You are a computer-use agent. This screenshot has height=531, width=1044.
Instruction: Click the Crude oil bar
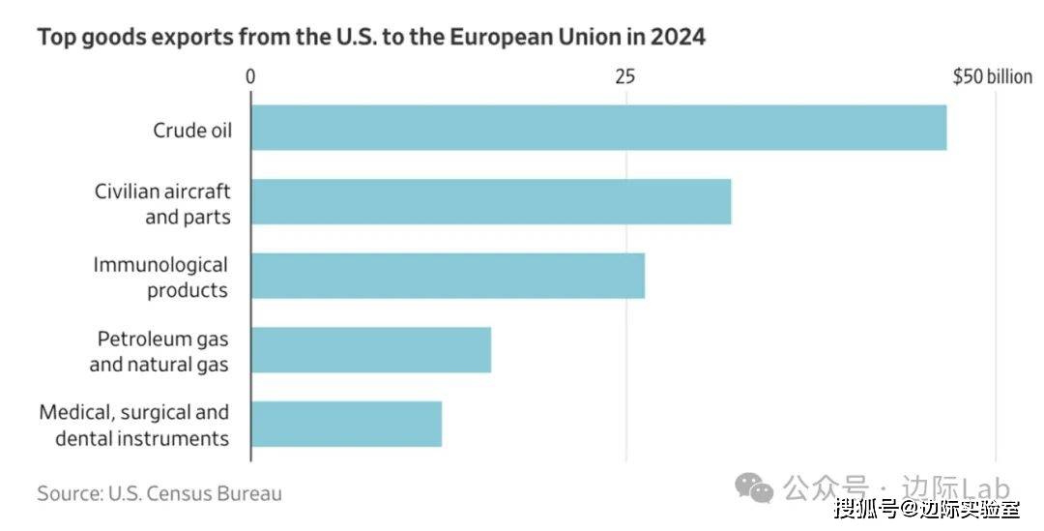pos(598,128)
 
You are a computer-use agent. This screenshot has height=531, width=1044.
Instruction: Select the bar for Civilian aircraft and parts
pos(491,201)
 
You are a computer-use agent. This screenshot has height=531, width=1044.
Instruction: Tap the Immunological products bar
pos(448,276)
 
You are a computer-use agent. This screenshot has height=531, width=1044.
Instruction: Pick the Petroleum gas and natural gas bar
pos(371,350)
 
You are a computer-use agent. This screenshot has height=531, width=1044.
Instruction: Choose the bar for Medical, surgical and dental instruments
pos(346,425)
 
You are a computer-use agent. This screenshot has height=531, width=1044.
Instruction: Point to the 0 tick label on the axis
pos(250,76)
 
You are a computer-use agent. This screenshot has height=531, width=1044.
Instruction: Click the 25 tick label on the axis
pos(625,76)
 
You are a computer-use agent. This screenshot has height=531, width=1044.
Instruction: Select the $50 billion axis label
pos(992,76)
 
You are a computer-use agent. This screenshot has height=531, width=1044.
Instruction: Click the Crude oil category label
pos(192,130)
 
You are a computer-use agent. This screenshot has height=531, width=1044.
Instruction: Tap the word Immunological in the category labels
pos(160,265)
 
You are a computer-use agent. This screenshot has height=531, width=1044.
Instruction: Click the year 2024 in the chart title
pos(678,38)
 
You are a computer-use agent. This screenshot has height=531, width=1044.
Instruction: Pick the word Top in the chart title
pos(55,38)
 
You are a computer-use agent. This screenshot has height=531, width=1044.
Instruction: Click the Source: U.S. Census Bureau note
pos(159,493)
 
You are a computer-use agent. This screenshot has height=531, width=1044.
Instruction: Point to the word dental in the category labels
pos(85,438)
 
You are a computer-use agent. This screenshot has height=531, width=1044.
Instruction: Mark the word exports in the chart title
pos(182,38)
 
